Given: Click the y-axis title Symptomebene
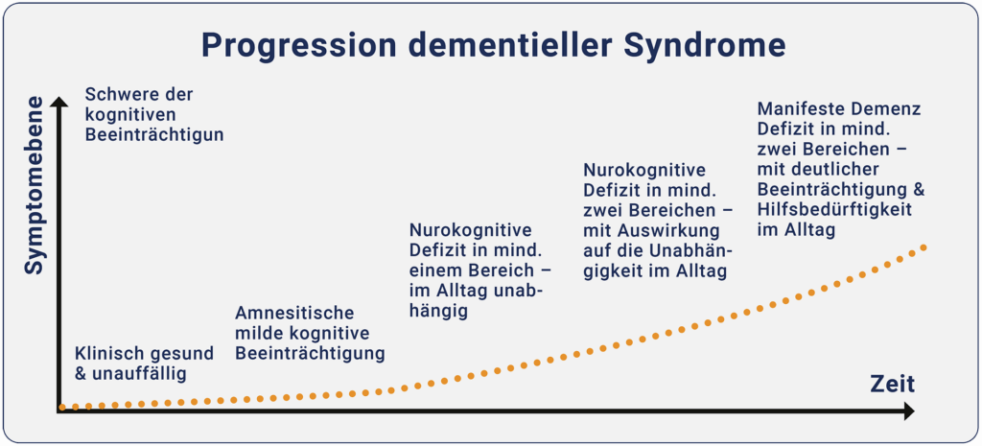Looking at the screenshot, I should click(x=35, y=185).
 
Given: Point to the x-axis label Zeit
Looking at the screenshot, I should click(x=892, y=385).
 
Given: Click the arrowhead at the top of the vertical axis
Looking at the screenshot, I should click(x=59, y=102).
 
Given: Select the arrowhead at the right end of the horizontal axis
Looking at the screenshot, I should click(x=907, y=411).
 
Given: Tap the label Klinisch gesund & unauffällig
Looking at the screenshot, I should click(x=130, y=363).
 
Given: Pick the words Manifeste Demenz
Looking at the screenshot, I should click(x=839, y=108).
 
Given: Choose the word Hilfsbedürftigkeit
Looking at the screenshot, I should click(x=833, y=209).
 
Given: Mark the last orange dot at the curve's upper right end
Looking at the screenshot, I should click(x=924, y=247).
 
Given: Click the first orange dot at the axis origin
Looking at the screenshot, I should click(x=62, y=407).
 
